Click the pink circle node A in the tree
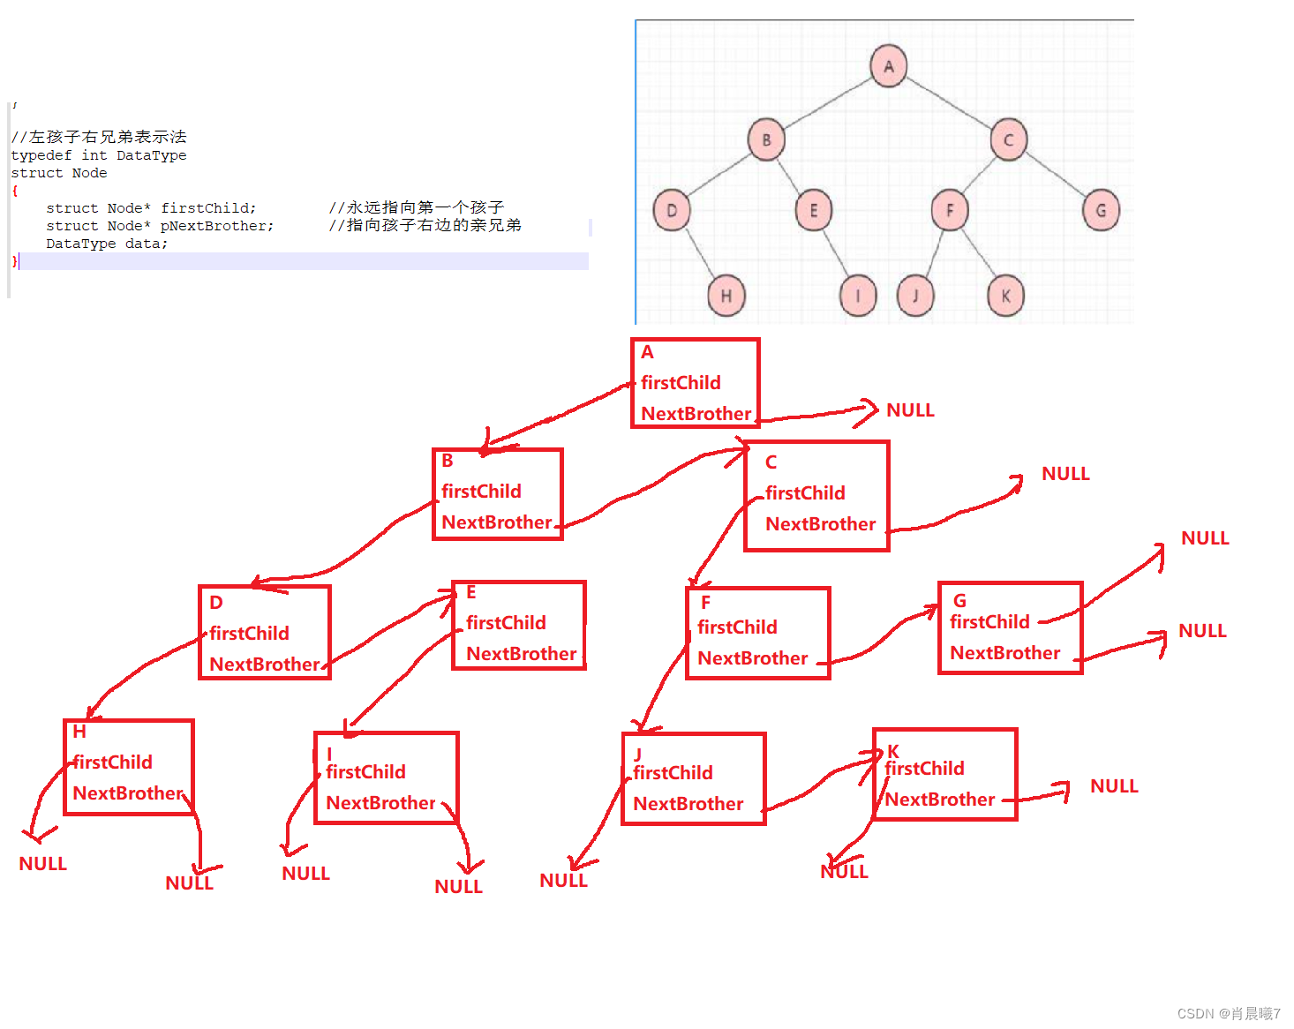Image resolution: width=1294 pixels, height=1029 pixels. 888,66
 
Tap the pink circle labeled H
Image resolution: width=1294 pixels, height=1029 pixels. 726,296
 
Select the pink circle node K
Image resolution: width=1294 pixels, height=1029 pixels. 1004,296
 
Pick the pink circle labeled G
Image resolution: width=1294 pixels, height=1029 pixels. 1100,210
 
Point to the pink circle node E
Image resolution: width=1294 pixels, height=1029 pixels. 813,210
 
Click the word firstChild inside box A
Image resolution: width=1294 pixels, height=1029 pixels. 681,383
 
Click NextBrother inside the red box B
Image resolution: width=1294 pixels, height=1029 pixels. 496,522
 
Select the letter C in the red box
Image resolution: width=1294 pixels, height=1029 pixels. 771,462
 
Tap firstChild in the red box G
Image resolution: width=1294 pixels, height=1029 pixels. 989,622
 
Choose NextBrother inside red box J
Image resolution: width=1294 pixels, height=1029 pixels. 688,804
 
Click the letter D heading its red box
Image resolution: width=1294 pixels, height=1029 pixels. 216,603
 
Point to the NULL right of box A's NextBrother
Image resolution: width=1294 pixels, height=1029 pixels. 910,410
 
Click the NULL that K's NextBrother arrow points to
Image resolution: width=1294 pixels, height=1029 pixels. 1114,786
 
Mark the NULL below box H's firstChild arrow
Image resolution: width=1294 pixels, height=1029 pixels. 42,864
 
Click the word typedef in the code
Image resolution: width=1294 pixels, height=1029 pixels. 41,155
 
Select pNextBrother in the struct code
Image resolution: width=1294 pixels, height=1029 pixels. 216,226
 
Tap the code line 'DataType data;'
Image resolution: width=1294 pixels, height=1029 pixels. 106,244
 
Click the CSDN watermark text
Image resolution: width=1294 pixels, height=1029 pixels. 1228,1014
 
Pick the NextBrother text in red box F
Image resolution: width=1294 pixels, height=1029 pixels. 752,658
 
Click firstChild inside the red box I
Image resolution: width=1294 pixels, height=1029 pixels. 365,772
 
